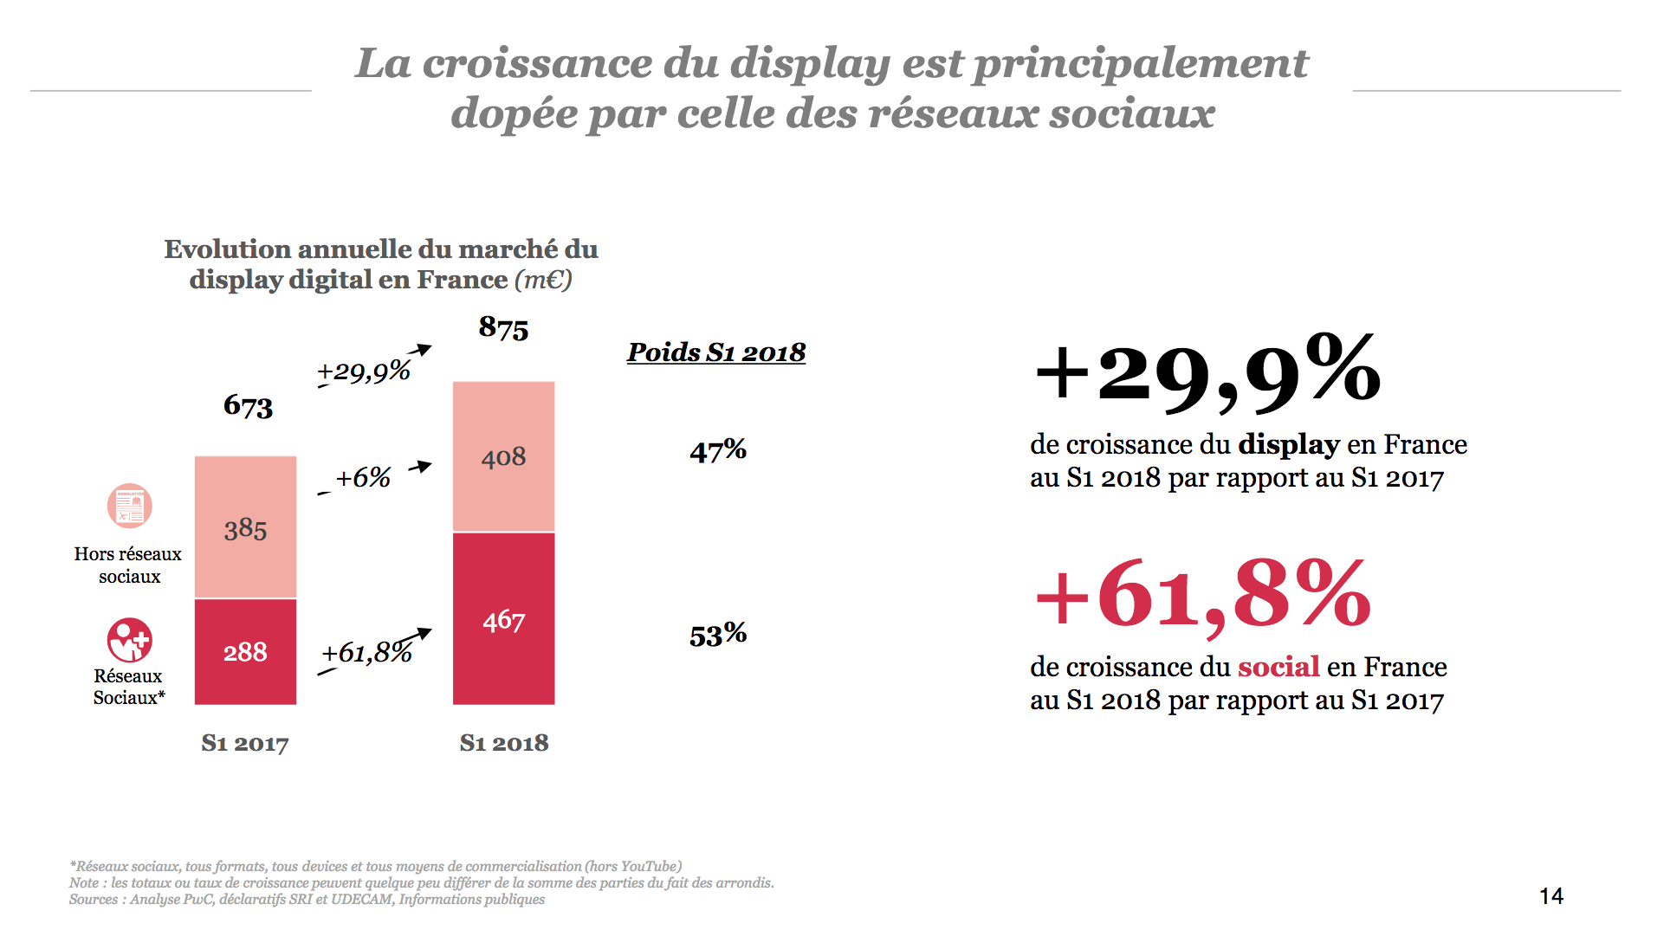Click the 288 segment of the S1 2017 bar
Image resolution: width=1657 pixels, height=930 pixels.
coord(245,651)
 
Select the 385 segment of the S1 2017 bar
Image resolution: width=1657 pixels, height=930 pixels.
coord(245,528)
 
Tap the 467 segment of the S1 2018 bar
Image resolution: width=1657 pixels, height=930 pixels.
coord(503,620)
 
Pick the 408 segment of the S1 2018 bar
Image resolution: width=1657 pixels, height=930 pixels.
coord(503,456)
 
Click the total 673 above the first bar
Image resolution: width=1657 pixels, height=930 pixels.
coord(248,405)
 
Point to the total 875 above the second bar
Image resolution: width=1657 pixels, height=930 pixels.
coord(503,328)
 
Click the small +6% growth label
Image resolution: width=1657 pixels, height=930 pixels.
coord(363,477)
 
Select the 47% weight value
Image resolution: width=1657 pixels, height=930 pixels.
coord(717,450)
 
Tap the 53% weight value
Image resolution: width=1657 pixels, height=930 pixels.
coord(717,635)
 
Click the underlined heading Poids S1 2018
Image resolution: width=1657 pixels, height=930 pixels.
coord(715,352)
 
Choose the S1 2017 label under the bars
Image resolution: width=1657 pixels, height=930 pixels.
coord(244,743)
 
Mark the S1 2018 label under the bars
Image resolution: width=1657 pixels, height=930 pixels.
coord(503,743)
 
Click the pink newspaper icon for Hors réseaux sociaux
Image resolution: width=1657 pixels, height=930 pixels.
coord(129,506)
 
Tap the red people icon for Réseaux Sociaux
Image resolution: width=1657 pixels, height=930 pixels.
coord(129,640)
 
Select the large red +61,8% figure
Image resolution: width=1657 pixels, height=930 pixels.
coord(1203,595)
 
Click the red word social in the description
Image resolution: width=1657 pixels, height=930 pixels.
coord(1278,667)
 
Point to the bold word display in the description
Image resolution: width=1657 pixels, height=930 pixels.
coord(1288,444)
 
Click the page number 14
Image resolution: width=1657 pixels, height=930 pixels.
coord(1550,896)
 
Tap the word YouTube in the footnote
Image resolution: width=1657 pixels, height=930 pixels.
coord(649,866)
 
